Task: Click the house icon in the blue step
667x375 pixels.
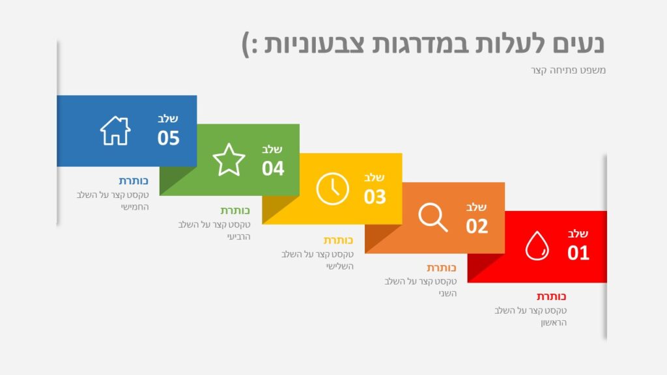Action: [x=115, y=130]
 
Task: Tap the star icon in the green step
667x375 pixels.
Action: [x=229, y=160]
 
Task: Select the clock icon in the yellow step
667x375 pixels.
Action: [x=333, y=189]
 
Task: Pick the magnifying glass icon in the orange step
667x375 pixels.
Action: [x=433, y=217]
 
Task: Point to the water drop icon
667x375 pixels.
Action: [x=537, y=245]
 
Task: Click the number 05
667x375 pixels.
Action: [x=169, y=138]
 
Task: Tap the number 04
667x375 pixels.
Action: [x=273, y=169]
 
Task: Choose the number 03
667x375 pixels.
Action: [x=375, y=197]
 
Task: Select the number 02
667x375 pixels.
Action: [x=477, y=226]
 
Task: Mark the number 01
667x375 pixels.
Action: [x=578, y=253]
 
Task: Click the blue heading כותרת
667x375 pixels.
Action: [x=134, y=181]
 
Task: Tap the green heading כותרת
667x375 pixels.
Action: [x=235, y=210]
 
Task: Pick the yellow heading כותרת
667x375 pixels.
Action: [x=338, y=240]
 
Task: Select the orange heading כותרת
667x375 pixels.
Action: [x=442, y=268]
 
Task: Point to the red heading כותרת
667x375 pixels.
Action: [x=551, y=296]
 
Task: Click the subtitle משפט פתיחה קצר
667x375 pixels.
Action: [x=568, y=70]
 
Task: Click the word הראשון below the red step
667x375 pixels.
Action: [x=554, y=323]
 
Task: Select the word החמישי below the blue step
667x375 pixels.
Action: [x=135, y=207]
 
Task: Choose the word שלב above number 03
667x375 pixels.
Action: [x=375, y=177]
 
